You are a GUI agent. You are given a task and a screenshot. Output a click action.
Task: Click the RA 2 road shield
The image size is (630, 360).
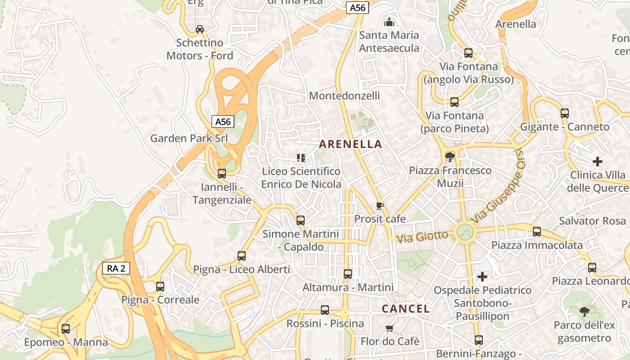tap(116, 269)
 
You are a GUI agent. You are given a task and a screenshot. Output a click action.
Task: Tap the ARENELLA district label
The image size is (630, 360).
tap(351, 144)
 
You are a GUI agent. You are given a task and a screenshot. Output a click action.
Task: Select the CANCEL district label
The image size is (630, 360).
tap(406, 309)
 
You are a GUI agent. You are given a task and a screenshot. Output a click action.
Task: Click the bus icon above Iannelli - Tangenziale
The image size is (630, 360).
tap(221, 173)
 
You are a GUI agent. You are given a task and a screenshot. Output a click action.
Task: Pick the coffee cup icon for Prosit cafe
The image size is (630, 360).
tap(380, 206)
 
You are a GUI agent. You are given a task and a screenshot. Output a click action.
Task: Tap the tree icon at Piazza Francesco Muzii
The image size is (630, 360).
tap(449, 157)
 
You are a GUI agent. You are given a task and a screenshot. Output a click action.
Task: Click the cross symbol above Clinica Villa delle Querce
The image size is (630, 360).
tap(597, 161)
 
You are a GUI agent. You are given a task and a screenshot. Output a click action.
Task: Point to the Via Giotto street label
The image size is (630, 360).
tap(423, 236)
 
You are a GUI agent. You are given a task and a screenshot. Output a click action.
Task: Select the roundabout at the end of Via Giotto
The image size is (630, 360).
tap(465, 233)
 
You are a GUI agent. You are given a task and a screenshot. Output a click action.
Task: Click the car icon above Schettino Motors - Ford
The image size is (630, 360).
tap(199, 29)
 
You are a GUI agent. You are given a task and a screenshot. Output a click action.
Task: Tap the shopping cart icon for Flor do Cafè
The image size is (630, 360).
tap(390, 328)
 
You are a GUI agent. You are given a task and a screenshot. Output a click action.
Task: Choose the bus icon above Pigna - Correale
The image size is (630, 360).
tap(160, 286)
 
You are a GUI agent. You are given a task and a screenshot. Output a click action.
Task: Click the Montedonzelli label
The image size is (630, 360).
tap(344, 95)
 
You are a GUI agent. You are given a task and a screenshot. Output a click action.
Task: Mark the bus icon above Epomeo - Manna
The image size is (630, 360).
tap(66, 328)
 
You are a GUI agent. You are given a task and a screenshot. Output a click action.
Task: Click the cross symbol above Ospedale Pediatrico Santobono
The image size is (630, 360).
tap(482, 276)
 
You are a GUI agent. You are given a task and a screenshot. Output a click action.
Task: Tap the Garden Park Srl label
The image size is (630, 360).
tap(189, 138)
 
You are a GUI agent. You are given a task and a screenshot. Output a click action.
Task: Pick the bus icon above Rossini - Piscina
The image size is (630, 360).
tap(325, 310)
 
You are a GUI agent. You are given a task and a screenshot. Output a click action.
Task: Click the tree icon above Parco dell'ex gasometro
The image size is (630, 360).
tap(584, 311)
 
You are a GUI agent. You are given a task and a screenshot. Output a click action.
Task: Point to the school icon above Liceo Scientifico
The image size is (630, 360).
tap(301, 157)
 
